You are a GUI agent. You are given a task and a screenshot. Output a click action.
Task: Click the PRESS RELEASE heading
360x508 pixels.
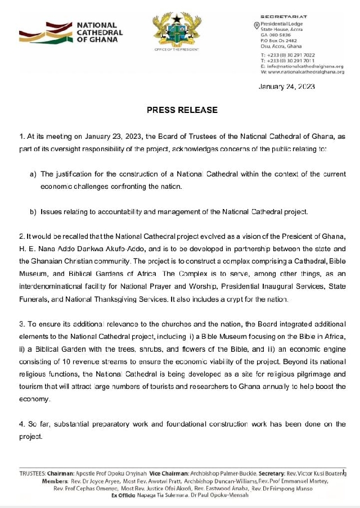point(182,110)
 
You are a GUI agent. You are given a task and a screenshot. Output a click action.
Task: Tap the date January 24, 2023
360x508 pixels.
point(286,87)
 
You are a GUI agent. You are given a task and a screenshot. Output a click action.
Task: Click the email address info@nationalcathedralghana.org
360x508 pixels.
point(305,66)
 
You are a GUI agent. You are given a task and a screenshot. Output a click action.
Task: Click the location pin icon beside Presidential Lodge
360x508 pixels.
point(256,25)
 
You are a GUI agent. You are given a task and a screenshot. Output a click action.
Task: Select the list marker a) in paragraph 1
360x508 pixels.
point(33,174)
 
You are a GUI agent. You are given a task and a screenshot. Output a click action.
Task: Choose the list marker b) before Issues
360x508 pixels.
point(33,212)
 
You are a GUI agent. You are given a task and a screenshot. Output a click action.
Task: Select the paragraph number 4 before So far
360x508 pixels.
point(21,424)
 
